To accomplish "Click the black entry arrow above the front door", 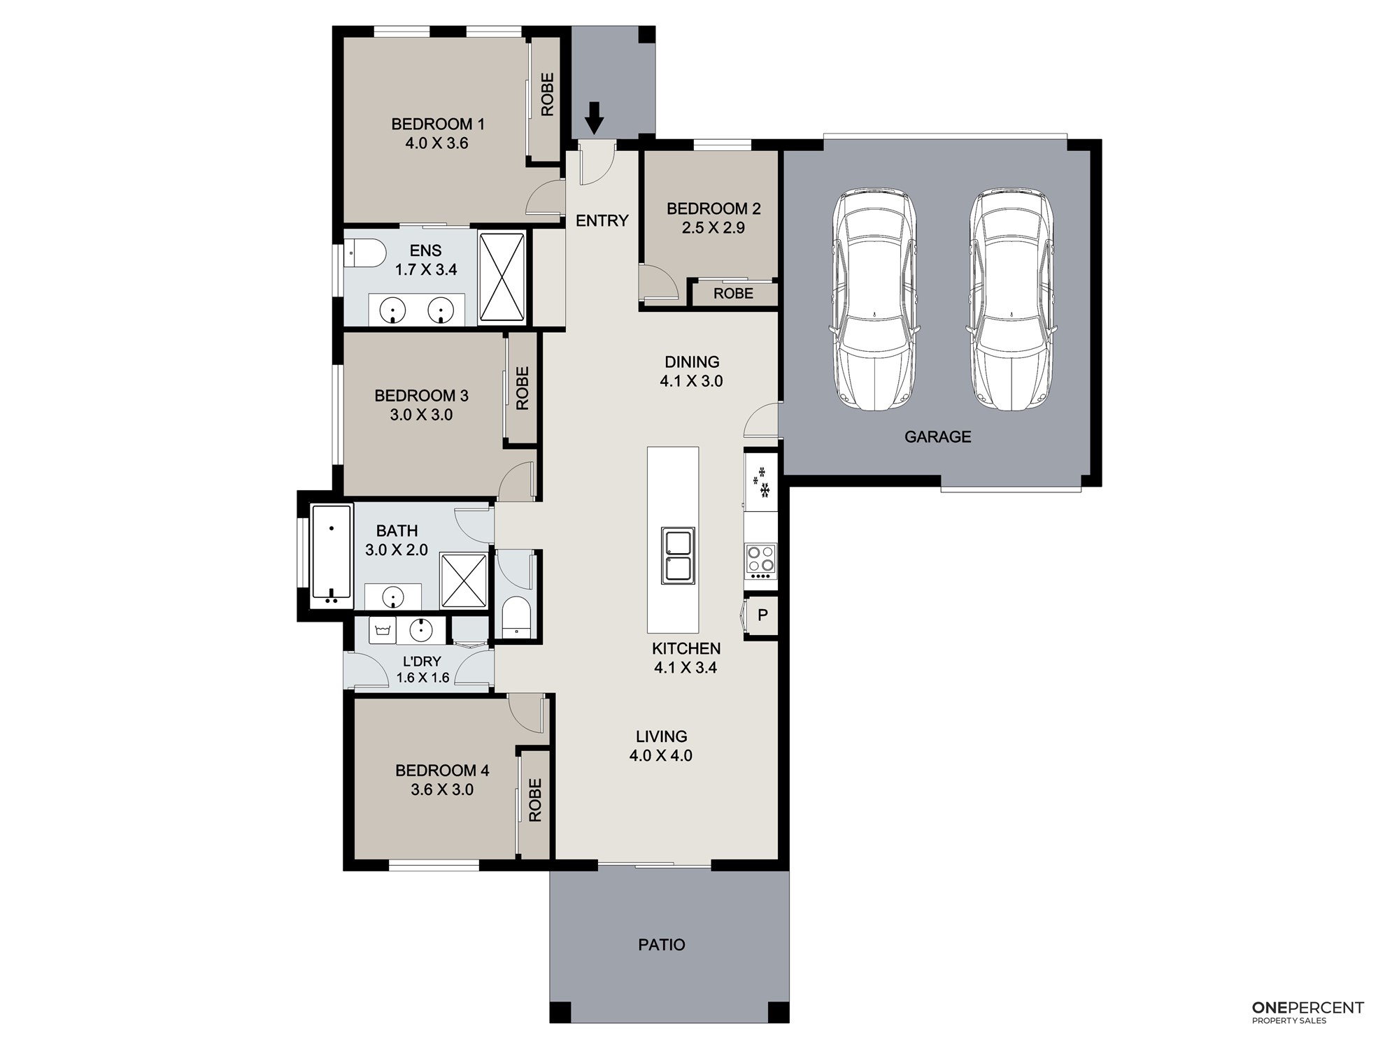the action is coord(594,117).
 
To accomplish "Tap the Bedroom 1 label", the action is coord(438,124).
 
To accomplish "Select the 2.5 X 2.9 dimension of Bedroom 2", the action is coord(713,228).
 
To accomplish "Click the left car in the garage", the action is coord(874,299).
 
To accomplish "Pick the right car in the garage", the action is coord(1010,299).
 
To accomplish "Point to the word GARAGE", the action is coord(938,437).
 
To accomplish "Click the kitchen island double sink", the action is coord(679,556).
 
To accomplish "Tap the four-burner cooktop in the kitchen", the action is coord(761,561).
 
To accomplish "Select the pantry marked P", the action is coord(762,615).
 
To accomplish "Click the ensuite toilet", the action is coord(364,253).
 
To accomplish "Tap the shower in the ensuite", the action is coord(502,278).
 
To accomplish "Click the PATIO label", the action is coord(662,945).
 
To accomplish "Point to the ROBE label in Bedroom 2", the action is coord(734,294).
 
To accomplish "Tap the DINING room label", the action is coord(692,362).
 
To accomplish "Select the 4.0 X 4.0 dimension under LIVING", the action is coord(661,756).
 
